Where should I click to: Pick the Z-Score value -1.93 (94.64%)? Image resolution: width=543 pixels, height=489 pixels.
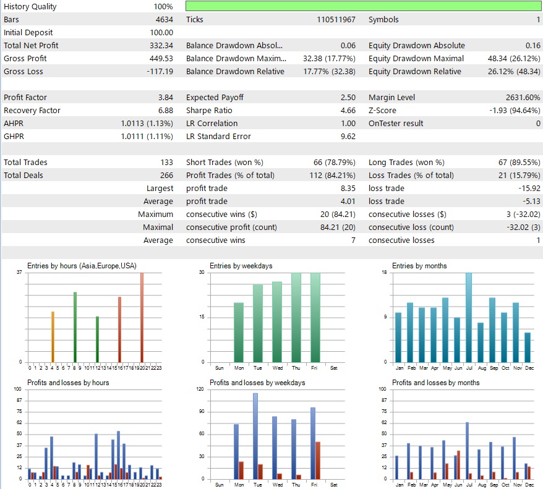(x=510, y=110)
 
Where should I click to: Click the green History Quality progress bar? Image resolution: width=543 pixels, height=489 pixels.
(x=364, y=6)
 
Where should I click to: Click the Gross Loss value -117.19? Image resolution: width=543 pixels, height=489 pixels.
(x=160, y=71)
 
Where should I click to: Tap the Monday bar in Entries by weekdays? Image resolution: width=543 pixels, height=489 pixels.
(x=238, y=332)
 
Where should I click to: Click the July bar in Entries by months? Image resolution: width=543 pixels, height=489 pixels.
(x=468, y=317)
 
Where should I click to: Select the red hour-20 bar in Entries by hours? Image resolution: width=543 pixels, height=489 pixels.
(x=142, y=317)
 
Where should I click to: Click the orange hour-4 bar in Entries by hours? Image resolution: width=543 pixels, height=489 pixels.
(x=53, y=336)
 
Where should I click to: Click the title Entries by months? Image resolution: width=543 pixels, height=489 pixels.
(x=419, y=266)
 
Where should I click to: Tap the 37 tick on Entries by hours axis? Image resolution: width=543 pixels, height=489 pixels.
(x=19, y=273)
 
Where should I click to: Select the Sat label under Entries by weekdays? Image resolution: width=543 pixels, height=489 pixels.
(x=334, y=368)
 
